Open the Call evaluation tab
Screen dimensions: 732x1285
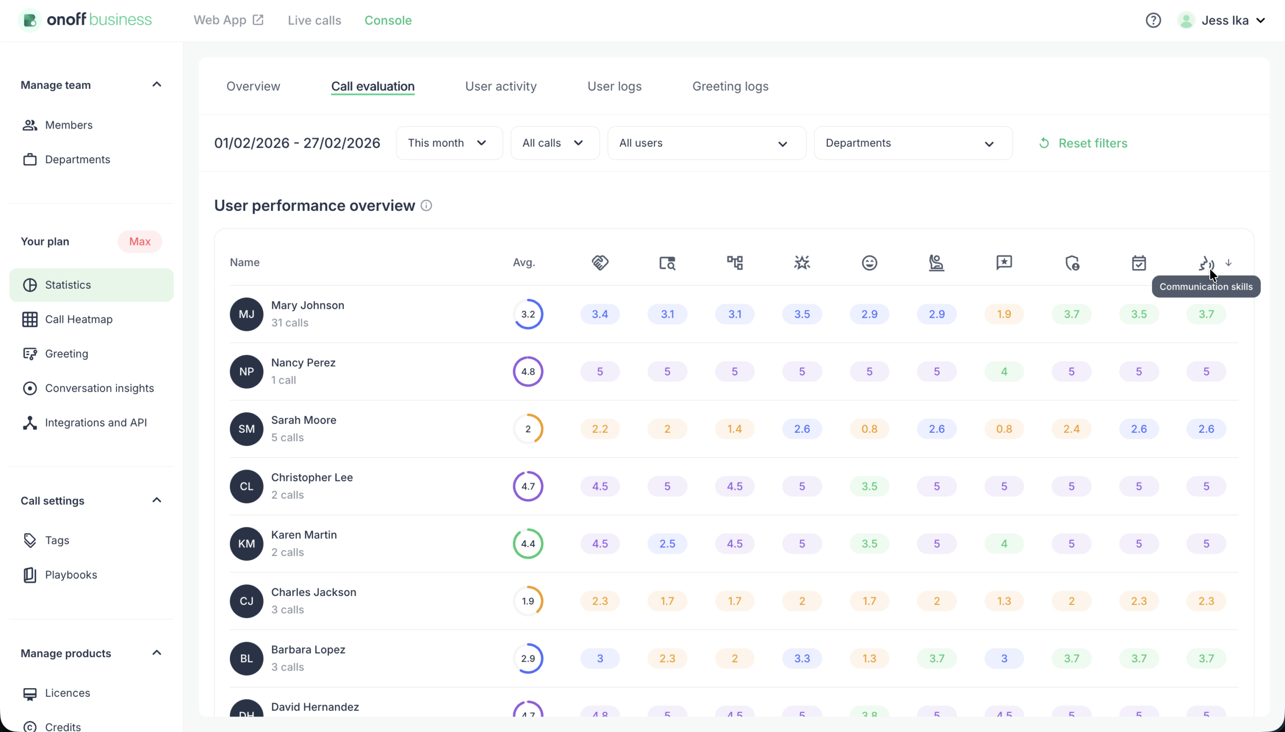(x=372, y=86)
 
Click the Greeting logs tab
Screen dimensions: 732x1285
(x=730, y=86)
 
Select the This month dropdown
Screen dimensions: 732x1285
(x=449, y=143)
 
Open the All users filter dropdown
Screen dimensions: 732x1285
(x=706, y=143)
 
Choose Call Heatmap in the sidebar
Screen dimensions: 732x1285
(x=78, y=319)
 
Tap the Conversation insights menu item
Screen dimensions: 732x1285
(x=99, y=388)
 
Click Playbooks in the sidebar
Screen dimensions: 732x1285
(x=71, y=575)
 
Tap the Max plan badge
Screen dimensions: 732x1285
(x=140, y=242)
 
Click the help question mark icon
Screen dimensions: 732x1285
(x=1153, y=21)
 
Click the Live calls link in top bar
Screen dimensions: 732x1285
(x=314, y=21)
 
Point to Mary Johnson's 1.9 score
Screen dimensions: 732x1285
(x=1003, y=314)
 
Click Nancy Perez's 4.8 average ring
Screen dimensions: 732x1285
(x=528, y=372)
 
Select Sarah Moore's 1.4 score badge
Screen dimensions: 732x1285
(x=734, y=429)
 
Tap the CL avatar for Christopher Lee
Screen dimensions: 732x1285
(x=246, y=486)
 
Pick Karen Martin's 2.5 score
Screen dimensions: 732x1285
(x=667, y=543)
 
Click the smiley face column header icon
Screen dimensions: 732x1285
(x=869, y=263)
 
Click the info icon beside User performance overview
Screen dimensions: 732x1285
(x=426, y=206)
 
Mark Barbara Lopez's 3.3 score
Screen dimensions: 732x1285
(x=802, y=658)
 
